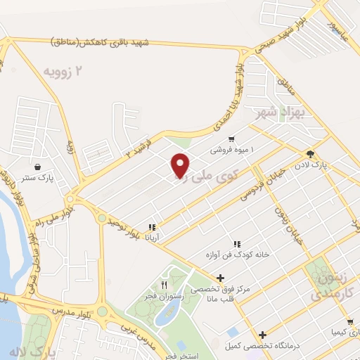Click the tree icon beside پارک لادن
(x=310, y=154)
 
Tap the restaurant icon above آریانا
(x=151, y=227)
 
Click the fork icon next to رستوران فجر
(x=164, y=284)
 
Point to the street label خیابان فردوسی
(x=262, y=183)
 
